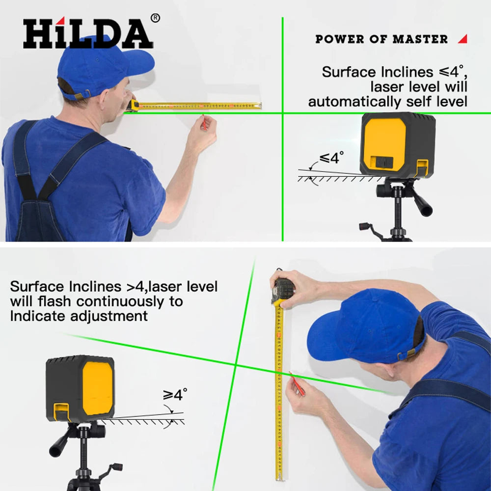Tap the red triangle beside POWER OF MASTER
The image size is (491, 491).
pyautogui.click(x=463, y=39)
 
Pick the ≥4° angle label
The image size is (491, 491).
pyautogui.click(x=175, y=395)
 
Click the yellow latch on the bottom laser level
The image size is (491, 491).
pyautogui.click(x=61, y=411)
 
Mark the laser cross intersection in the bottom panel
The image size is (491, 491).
pyautogui.click(x=236, y=365)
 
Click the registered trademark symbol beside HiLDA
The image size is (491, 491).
pyautogui.click(x=155, y=18)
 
